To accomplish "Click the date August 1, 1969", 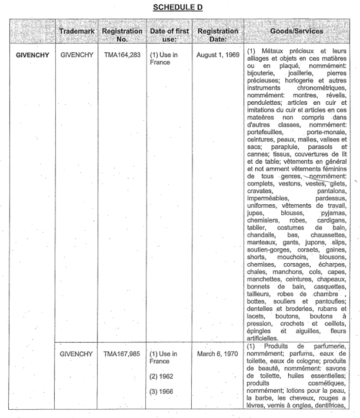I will click(x=215, y=58).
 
